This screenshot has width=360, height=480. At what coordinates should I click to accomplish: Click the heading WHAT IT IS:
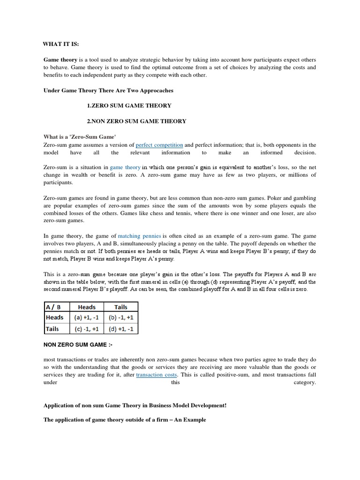click(x=61, y=44)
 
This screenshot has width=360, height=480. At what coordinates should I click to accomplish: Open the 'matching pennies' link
click(x=139, y=236)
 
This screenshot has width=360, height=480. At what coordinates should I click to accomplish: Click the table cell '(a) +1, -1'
click(x=86, y=317)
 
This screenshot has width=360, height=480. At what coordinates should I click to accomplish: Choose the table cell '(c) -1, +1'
click(x=86, y=329)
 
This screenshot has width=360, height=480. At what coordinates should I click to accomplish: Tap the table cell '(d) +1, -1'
click(x=121, y=329)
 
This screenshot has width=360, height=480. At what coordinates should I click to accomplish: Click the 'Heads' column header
click(x=86, y=307)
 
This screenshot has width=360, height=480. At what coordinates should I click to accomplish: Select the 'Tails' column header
click(x=121, y=307)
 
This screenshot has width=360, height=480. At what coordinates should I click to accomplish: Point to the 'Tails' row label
click(x=53, y=329)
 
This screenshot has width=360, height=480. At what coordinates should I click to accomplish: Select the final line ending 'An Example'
click(x=125, y=420)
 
